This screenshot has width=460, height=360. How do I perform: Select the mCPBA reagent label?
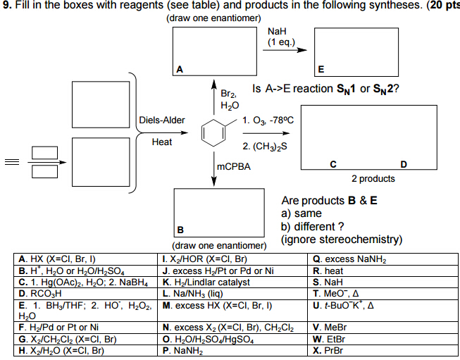point(232,167)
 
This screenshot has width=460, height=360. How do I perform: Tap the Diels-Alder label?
point(162,120)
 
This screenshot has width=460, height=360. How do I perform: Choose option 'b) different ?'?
point(312,226)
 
